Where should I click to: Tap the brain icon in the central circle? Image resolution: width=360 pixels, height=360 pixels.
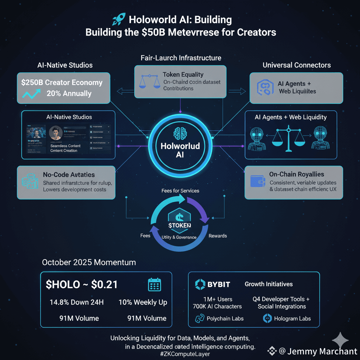click(x=180, y=133)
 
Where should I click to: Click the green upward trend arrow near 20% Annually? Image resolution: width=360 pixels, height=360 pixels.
click(x=30, y=94)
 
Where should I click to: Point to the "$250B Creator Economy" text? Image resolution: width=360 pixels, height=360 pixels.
click(x=62, y=83)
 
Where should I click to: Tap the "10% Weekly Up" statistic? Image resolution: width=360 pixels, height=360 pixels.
click(x=143, y=302)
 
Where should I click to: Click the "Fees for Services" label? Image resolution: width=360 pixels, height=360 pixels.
click(x=180, y=191)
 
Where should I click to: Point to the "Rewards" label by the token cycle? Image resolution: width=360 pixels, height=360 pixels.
click(x=218, y=236)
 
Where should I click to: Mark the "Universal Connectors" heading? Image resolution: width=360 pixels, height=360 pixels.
click(x=296, y=65)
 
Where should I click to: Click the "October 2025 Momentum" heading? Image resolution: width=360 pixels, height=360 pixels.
click(x=89, y=262)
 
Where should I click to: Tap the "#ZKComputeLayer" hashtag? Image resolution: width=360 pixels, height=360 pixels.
click(x=180, y=354)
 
